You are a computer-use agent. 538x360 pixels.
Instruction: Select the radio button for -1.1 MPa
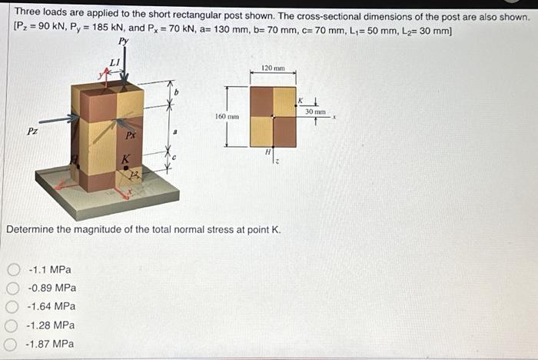click(x=12, y=270)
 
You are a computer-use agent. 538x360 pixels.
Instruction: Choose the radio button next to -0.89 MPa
click(x=12, y=288)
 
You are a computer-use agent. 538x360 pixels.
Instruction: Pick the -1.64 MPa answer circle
click(x=12, y=307)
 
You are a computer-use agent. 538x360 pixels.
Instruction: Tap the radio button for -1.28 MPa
click(x=12, y=325)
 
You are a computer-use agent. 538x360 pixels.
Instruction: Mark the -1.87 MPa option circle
click(x=12, y=344)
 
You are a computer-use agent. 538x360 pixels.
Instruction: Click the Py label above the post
click(x=123, y=42)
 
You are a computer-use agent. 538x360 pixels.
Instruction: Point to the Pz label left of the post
click(x=32, y=131)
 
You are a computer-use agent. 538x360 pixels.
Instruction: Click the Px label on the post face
click(x=131, y=135)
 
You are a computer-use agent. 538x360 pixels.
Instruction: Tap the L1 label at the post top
click(x=115, y=62)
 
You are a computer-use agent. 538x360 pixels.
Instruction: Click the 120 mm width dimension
click(x=273, y=68)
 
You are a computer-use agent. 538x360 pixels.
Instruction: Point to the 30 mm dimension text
click(x=315, y=112)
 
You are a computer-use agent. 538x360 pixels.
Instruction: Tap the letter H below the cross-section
click(x=267, y=152)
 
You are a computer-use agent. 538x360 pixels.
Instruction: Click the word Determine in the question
click(x=30, y=229)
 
